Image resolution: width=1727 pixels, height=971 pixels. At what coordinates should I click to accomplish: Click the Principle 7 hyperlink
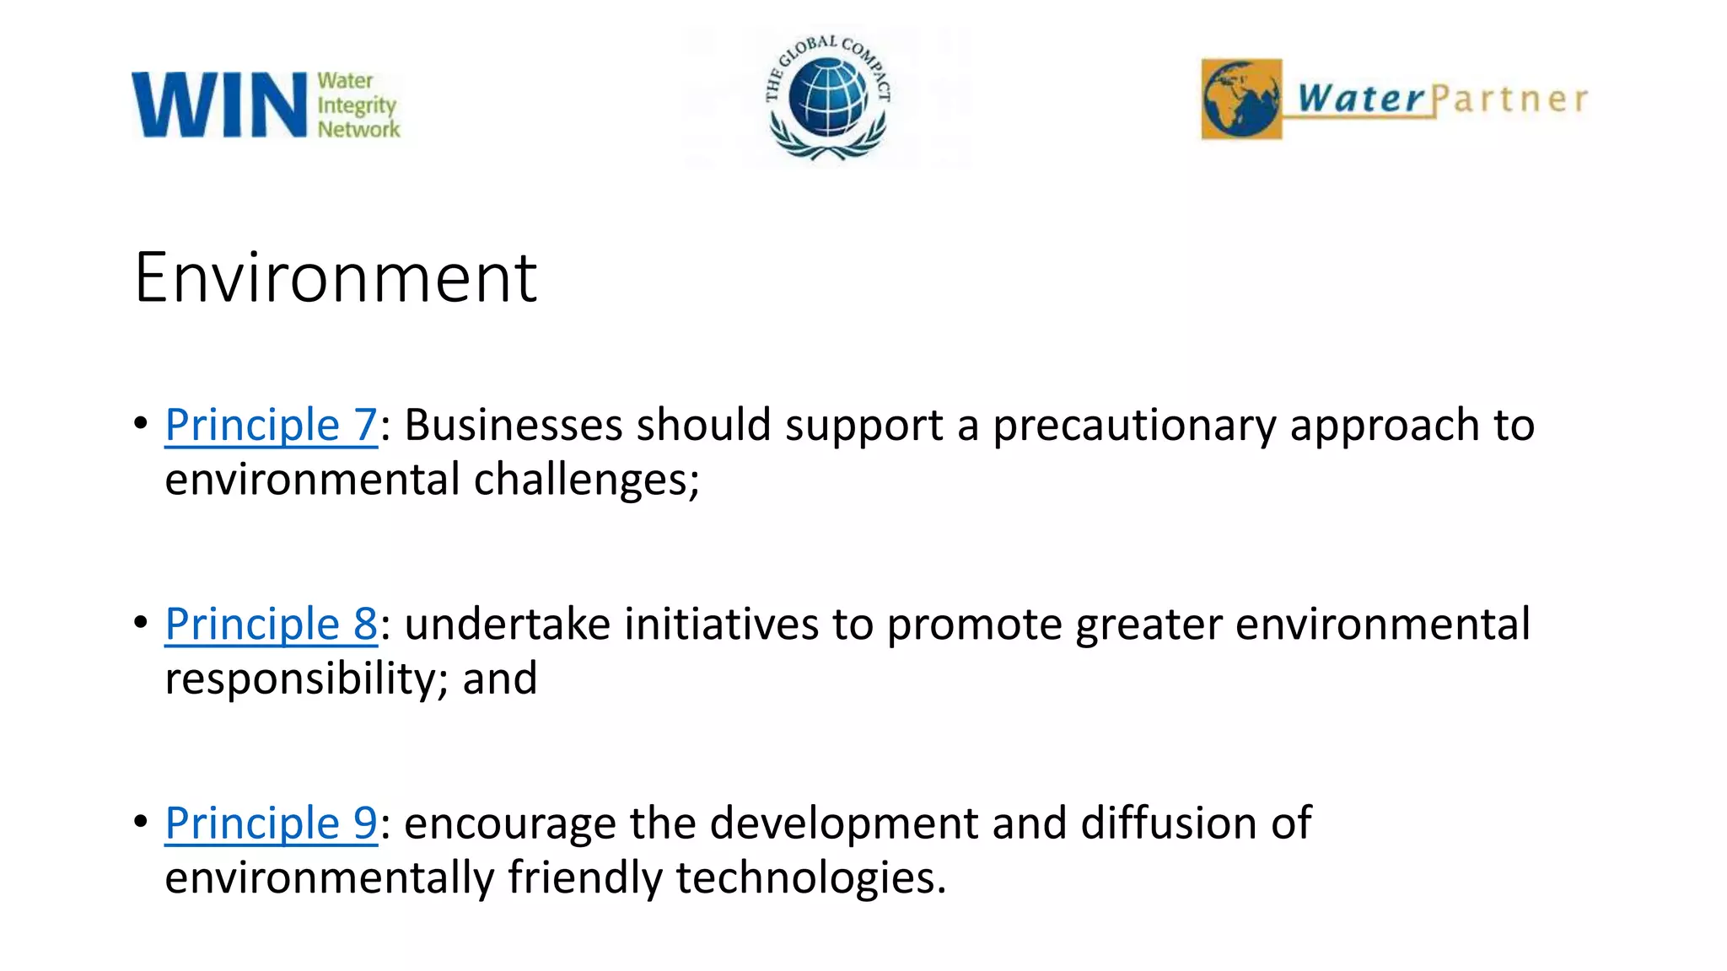coord(271,425)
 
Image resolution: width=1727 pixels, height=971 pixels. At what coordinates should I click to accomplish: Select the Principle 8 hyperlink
coord(271,625)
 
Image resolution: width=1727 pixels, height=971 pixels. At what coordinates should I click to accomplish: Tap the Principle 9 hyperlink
coord(271,823)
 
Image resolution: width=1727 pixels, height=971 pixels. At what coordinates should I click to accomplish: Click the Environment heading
coord(335,277)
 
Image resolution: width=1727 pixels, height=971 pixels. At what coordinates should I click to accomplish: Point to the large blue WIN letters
coord(219,105)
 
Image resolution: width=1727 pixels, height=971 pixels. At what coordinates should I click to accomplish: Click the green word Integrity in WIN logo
coord(356,106)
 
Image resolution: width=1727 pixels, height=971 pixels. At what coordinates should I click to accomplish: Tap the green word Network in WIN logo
coord(358,130)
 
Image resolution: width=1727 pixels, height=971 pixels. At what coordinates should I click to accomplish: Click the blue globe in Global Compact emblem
coord(828,98)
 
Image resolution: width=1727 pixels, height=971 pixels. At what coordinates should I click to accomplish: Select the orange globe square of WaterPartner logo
coord(1241,99)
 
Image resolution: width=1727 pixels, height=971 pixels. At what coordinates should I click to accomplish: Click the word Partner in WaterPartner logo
coord(1509,99)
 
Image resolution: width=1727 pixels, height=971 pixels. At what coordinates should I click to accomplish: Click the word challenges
coord(586,480)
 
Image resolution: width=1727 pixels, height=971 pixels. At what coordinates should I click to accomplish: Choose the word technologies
coord(810,878)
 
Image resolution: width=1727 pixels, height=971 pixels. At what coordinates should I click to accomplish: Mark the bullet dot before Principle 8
coord(141,623)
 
